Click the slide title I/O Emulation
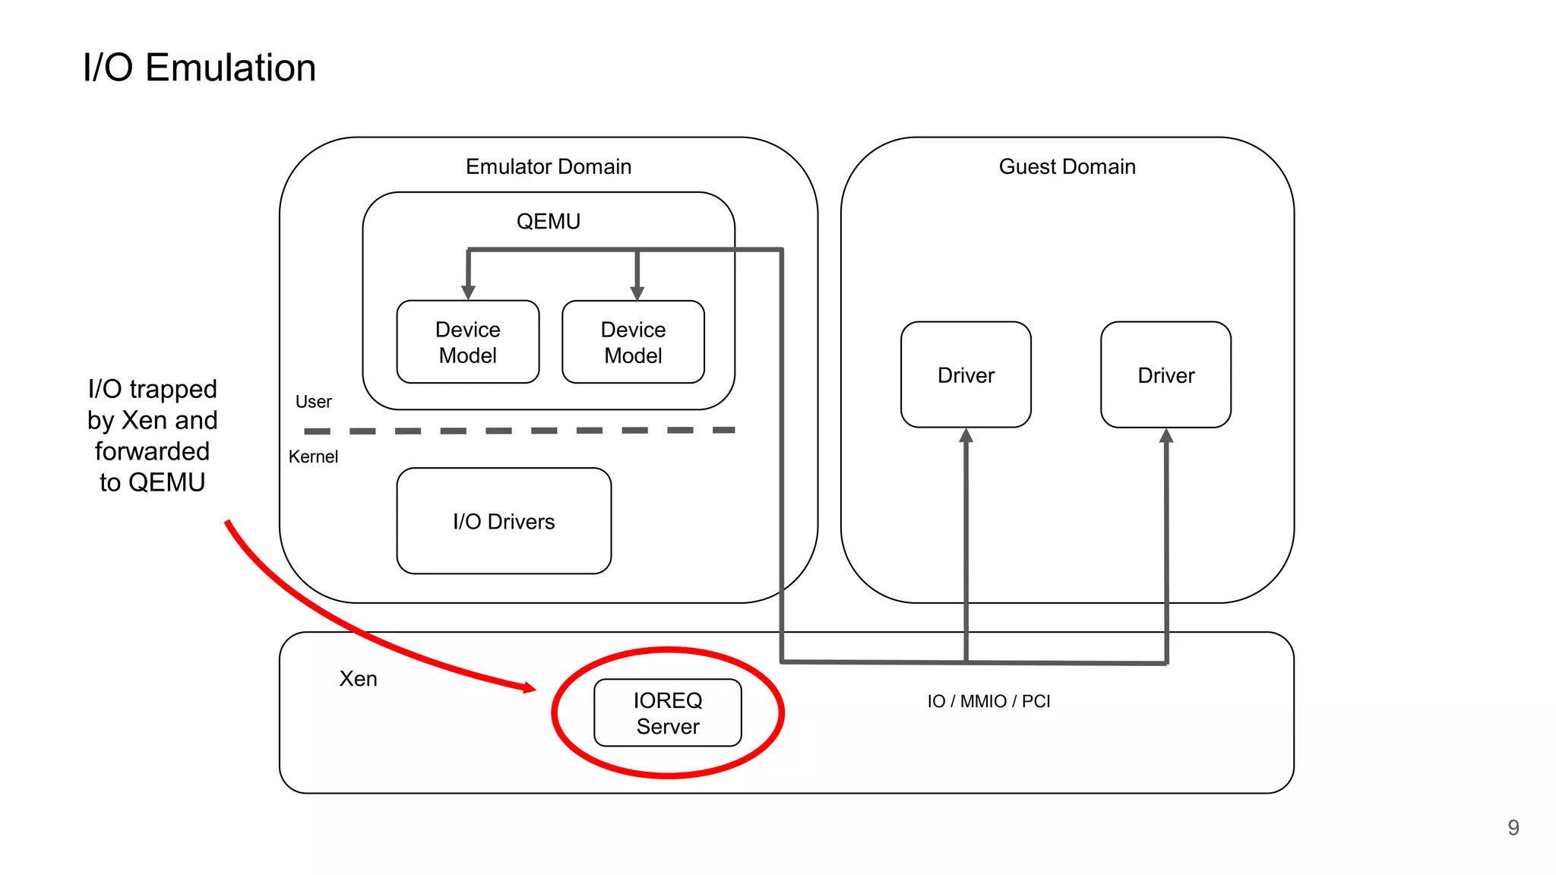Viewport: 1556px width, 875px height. [199, 68]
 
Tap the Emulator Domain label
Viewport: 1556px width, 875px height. [548, 166]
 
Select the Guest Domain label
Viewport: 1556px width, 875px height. [1067, 166]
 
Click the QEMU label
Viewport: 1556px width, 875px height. [548, 221]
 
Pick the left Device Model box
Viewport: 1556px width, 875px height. [468, 343]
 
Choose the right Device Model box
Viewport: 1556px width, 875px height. [633, 343]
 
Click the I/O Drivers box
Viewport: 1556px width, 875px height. [504, 521]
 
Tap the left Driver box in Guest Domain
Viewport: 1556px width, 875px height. [966, 375]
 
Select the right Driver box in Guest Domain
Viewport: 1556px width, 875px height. [1165, 375]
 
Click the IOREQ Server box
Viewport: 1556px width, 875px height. [667, 712]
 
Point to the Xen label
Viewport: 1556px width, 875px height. [358, 678]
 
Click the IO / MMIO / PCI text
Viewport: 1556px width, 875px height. [988, 701]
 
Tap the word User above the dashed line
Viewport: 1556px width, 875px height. [313, 402]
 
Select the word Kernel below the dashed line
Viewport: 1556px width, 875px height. [313, 456]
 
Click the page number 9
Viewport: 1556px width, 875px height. [1513, 827]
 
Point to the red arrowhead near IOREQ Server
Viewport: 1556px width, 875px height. [529, 687]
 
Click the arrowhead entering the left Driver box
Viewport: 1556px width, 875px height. [966, 436]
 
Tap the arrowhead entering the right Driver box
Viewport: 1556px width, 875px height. [1166, 436]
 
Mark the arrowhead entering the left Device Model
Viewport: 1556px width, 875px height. [468, 292]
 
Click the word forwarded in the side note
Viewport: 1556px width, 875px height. [152, 451]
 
